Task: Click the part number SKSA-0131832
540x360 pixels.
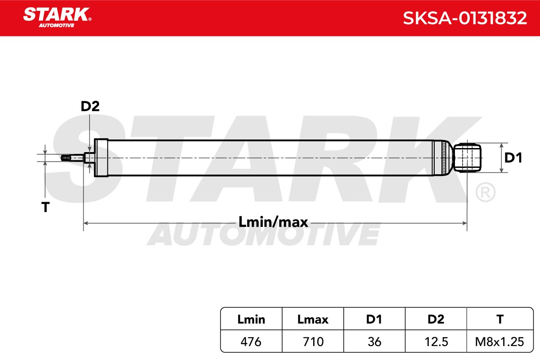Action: [465, 18]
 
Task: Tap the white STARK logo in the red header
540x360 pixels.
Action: [57, 18]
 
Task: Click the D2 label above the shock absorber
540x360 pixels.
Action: [90, 106]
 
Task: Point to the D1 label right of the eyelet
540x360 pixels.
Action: [513, 158]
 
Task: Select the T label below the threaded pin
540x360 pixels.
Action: [45, 207]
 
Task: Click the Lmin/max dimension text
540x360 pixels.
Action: [273, 222]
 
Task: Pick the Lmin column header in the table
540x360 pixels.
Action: [251, 319]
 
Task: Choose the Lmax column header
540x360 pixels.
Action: [313, 319]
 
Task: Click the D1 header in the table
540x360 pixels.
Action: [374, 319]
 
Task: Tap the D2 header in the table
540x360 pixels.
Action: [436, 319]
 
